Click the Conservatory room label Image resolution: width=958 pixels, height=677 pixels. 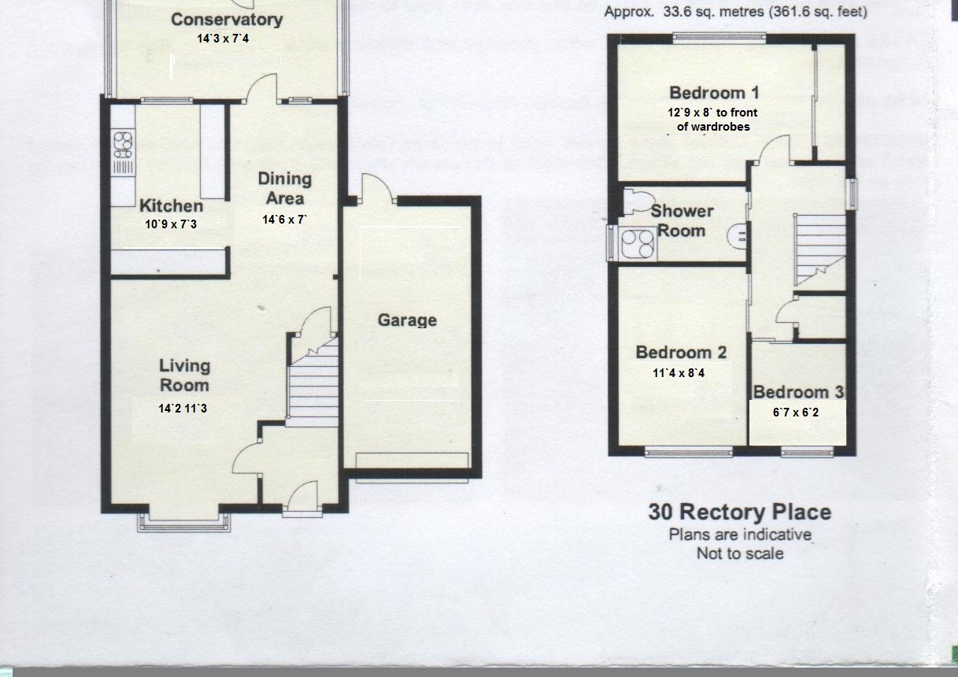click(x=227, y=20)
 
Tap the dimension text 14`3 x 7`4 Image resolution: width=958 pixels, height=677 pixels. click(x=223, y=39)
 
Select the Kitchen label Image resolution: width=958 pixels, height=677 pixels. click(x=171, y=205)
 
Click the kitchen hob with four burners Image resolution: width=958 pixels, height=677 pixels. click(x=123, y=145)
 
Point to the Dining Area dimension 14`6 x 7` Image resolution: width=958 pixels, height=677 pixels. click(x=284, y=220)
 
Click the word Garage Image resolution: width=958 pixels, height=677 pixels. click(x=407, y=320)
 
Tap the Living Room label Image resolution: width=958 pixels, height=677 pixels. click(x=184, y=375)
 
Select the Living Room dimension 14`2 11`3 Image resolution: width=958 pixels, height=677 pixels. click(x=183, y=409)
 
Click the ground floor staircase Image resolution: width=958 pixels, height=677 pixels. click(x=313, y=382)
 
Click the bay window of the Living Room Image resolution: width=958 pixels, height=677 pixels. click(x=184, y=522)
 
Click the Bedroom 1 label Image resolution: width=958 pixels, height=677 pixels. click(x=714, y=93)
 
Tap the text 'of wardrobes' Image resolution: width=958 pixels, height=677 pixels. click(x=713, y=127)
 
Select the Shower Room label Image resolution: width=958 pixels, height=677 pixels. click(x=682, y=220)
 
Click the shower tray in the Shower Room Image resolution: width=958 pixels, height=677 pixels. click(x=638, y=244)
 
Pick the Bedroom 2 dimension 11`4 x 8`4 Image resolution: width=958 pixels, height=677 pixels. click(x=679, y=373)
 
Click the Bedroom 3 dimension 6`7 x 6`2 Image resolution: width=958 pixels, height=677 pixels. click(x=796, y=412)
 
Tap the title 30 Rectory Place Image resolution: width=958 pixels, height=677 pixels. click(x=740, y=512)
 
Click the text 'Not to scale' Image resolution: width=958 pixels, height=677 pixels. click(x=740, y=553)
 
